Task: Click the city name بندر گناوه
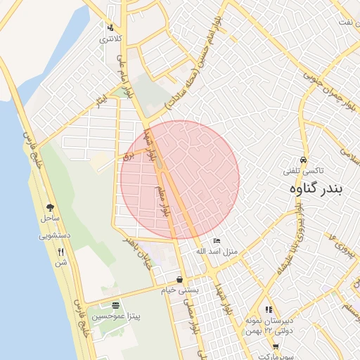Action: click(321, 190)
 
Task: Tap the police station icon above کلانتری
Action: click(110, 28)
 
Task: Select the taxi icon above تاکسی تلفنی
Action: click(303, 160)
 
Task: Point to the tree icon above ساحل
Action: click(50, 207)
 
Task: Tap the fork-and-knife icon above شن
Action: click(61, 252)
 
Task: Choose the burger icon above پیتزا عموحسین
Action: click(115, 305)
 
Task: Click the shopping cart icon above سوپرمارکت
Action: click(276, 346)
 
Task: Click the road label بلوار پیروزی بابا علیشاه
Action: click(291, 237)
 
